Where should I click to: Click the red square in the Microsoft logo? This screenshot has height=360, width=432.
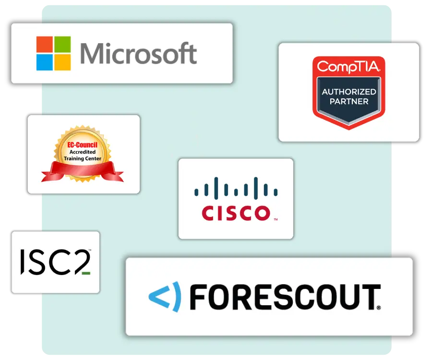(x=45, y=45)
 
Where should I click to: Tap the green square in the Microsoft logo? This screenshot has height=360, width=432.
(x=62, y=45)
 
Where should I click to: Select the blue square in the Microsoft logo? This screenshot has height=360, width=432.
(x=45, y=62)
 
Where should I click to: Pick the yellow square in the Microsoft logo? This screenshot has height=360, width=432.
(x=62, y=62)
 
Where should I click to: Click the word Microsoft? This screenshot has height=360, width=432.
(x=138, y=53)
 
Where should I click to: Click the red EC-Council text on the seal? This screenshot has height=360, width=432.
(x=83, y=145)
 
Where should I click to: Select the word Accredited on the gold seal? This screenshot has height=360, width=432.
(x=83, y=152)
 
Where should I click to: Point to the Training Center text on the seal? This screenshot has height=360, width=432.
(x=83, y=158)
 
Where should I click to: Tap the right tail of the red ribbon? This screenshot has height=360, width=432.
(x=115, y=173)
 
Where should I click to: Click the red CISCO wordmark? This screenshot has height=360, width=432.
(x=236, y=213)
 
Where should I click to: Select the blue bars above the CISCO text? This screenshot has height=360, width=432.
(x=236, y=188)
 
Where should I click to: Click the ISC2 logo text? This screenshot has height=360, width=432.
(x=54, y=262)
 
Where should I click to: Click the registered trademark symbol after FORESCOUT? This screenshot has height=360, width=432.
(x=379, y=308)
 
